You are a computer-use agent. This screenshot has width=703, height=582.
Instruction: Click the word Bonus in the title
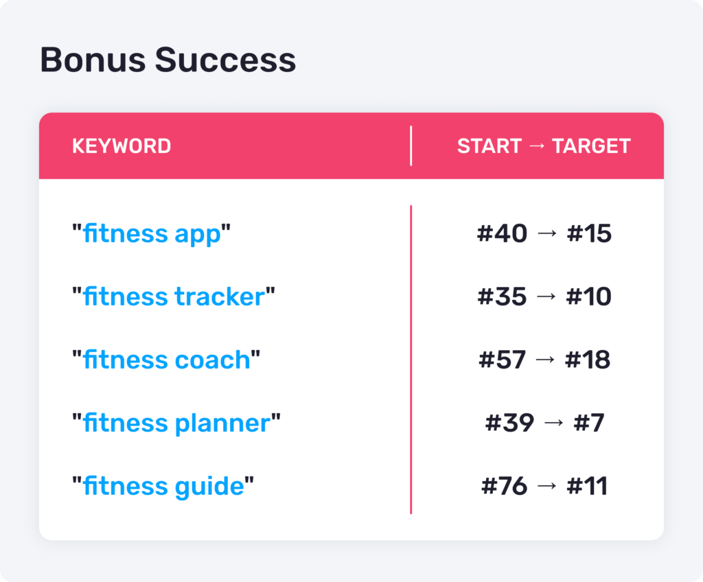(93, 60)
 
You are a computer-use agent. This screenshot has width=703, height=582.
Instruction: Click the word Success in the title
(225, 60)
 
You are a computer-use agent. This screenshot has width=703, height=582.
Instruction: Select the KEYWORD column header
(122, 146)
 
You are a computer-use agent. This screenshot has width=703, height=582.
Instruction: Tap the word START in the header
(489, 146)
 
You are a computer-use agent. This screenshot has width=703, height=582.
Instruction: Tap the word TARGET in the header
(591, 146)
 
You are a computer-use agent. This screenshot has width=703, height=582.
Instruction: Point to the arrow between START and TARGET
(537, 146)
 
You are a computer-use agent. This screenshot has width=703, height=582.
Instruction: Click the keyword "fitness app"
(152, 234)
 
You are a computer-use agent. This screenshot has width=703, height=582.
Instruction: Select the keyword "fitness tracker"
(174, 296)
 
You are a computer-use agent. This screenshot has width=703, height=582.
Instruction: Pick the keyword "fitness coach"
(166, 360)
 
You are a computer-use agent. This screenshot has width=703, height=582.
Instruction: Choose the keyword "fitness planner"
(176, 423)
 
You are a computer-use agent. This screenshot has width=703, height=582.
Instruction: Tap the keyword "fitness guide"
(163, 487)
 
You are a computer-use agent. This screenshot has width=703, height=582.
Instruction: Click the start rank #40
(502, 233)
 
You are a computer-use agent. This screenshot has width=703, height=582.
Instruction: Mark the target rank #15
(589, 233)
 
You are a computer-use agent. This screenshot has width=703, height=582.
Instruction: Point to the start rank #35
(502, 296)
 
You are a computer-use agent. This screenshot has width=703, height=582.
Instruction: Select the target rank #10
(588, 296)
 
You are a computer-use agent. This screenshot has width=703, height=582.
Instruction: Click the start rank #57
(502, 360)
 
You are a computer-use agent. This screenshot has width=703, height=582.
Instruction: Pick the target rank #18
(588, 360)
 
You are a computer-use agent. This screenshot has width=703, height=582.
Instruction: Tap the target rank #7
(589, 423)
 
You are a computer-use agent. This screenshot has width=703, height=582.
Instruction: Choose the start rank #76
(504, 486)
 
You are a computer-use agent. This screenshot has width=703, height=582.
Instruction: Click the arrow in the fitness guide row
(547, 486)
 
